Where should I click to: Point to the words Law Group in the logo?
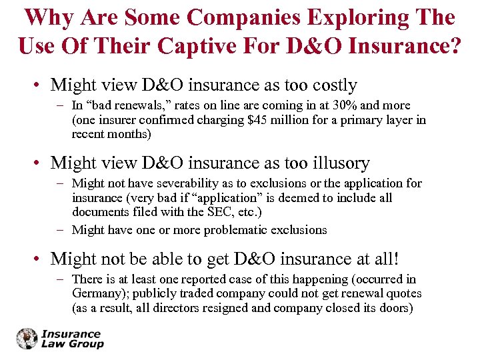tap(73, 344)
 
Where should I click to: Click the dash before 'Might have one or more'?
tap(60, 230)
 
